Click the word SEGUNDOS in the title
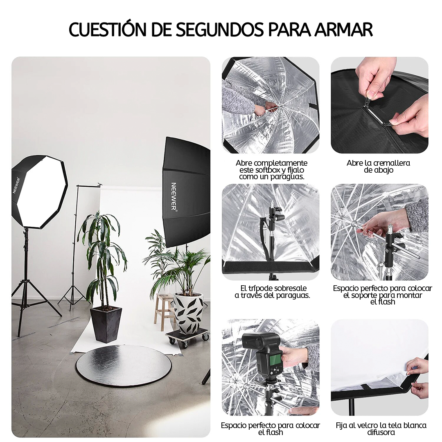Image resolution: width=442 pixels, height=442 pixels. [x=220, y=30]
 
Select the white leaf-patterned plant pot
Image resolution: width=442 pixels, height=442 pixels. [x=188, y=313]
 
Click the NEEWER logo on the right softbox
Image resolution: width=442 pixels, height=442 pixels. [x=174, y=196]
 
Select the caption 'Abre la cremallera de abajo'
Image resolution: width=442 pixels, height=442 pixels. [x=378, y=167]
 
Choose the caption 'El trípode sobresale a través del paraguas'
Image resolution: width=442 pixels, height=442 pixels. [x=272, y=292]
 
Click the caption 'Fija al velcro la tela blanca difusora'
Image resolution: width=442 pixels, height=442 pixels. [x=381, y=428]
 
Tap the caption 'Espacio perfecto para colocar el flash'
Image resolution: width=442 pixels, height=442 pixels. [x=270, y=428]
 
